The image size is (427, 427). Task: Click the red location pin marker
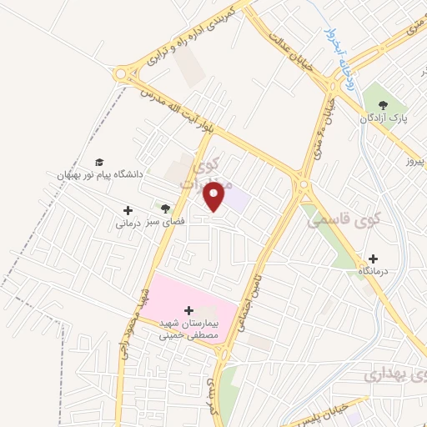coord(215,196)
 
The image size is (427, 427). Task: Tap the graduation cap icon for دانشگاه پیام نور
coord(99,161)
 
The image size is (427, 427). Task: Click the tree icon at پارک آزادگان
coord(383,105)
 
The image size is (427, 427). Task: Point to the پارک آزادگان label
coord(388,119)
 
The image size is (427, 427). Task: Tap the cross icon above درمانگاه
coord(372,258)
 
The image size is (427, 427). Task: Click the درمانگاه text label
coord(375,272)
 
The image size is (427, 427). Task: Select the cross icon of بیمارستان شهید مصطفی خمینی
coord(188,309)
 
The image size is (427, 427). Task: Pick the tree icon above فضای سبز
coord(165,208)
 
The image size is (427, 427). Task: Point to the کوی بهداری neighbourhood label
coord(395,376)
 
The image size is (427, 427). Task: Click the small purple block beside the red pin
coord(238,199)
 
